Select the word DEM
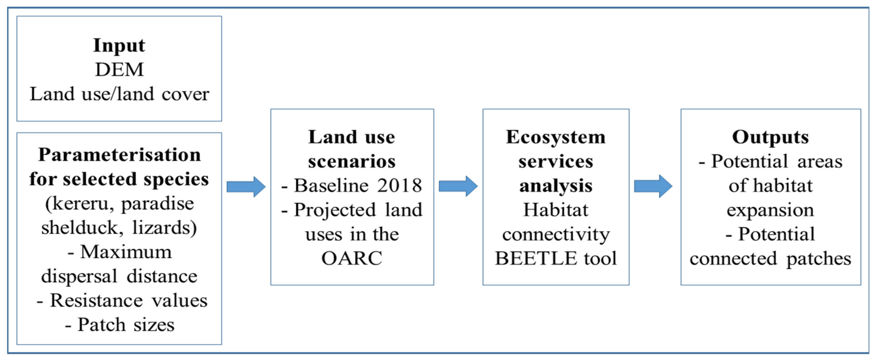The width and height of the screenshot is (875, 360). coord(119,70)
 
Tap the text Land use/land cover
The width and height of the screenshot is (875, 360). coord(119,94)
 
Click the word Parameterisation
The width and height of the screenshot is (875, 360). coord(119,155)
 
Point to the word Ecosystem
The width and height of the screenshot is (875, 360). coord(556,137)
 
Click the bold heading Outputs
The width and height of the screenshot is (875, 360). coord(770,137)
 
